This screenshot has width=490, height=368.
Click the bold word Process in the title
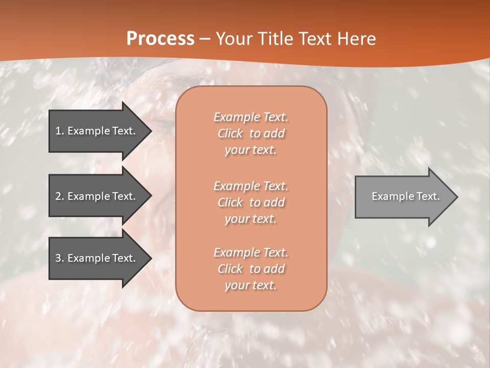coord(160,39)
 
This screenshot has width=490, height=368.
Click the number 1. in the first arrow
coord(60,131)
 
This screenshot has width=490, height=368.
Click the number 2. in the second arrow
coord(60,196)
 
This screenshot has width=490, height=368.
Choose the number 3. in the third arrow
coord(60,258)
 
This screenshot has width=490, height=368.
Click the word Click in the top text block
coord(230,133)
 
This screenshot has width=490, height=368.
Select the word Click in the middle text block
coord(230,202)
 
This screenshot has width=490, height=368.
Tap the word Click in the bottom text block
coord(230,269)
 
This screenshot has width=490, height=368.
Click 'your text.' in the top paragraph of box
coord(251,150)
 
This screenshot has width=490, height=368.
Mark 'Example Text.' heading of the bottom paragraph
coord(251,252)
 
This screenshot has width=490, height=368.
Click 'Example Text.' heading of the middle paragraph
coord(251,186)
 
